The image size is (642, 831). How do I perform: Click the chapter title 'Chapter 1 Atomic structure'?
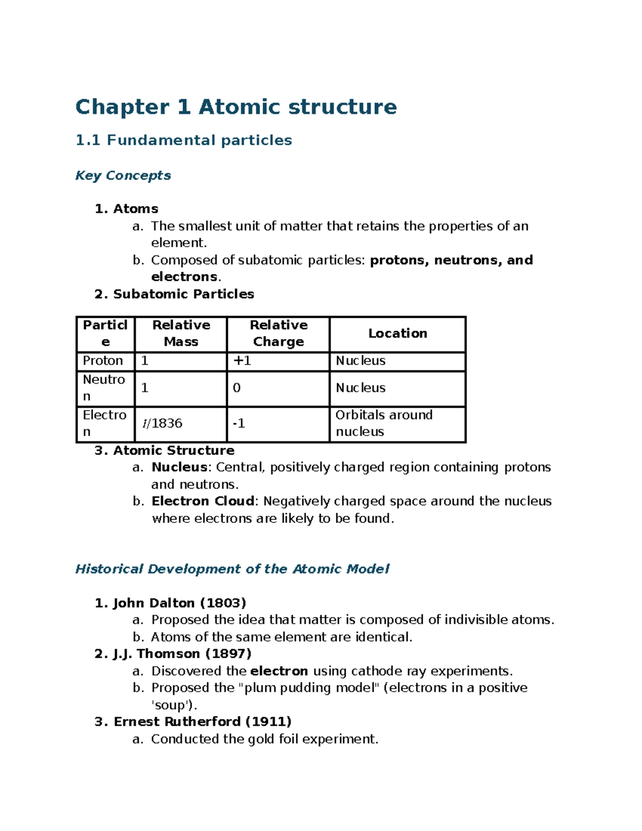click(x=236, y=107)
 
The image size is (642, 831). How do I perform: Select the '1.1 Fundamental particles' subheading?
click(x=184, y=140)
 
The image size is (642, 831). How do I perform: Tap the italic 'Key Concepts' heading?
click(x=123, y=176)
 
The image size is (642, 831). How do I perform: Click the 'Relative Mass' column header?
click(x=181, y=333)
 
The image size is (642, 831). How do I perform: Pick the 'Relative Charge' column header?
click(x=278, y=333)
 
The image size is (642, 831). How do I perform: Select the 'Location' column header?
click(x=398, y=333)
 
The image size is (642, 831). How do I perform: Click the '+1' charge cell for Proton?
click(x=242, y=361)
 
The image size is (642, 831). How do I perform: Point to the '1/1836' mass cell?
click(x=163, y=424)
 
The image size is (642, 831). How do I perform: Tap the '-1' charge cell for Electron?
click(x=239, y=424)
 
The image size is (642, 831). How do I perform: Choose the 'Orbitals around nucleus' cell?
click(x=384, y=423)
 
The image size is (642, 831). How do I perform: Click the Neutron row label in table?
click(x=104, y=388)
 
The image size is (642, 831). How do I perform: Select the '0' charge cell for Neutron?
click(x=237, y=388)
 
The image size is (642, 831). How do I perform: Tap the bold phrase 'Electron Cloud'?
click(x=204, y=501)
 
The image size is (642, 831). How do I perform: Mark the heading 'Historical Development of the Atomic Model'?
click(x=232, y=569)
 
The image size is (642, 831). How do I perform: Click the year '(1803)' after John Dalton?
click(x=223, y=603)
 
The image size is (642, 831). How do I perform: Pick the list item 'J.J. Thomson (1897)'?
click(x=173, y=654)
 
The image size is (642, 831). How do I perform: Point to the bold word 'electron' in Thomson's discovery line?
click(x=279, y=671)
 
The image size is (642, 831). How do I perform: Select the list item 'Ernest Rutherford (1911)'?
click(x=193, y=722)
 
